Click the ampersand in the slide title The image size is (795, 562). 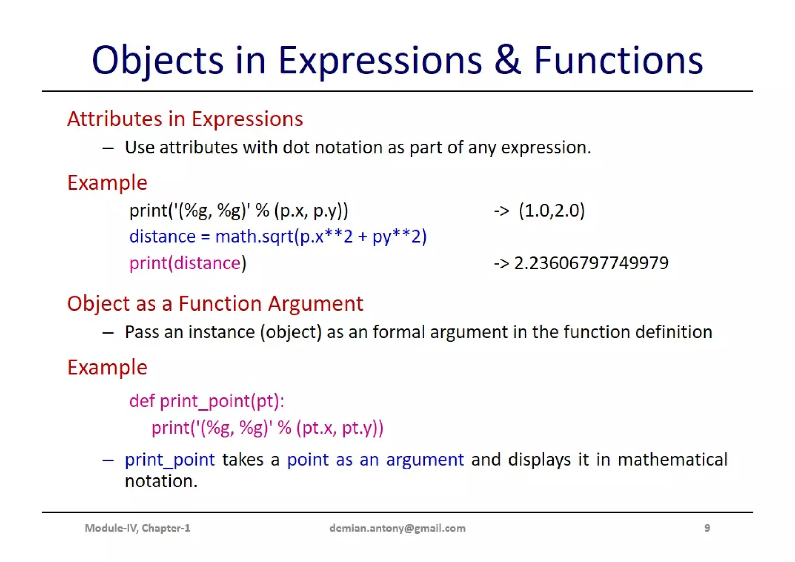(x=507, y=61)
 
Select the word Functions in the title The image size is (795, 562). (x=618, y=61)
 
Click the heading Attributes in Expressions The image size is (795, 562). (x=185, y=119)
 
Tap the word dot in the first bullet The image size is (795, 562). (x=297, y=148)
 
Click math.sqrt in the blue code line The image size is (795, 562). (x=254, y=237)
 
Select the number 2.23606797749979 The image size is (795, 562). (x=591, y=263)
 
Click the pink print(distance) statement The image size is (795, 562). (x=187, y=263)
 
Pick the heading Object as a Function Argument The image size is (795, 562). (x=215, y=303)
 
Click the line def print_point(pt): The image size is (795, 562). (x=207, y=401)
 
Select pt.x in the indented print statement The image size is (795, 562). (x=318, y=428)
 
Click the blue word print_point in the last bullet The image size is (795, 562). (x=170, y=460)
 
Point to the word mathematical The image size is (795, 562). (x=672, y=460)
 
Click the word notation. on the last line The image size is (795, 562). (x=161, y=482)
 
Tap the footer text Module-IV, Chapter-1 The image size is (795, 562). (x=137, y=528)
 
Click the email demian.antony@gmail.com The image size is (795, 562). (x=397, y=528)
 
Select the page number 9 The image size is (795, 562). (x=707, y=528)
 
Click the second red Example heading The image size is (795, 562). (x=107, y=367)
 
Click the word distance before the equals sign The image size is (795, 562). (x=162, y=237)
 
